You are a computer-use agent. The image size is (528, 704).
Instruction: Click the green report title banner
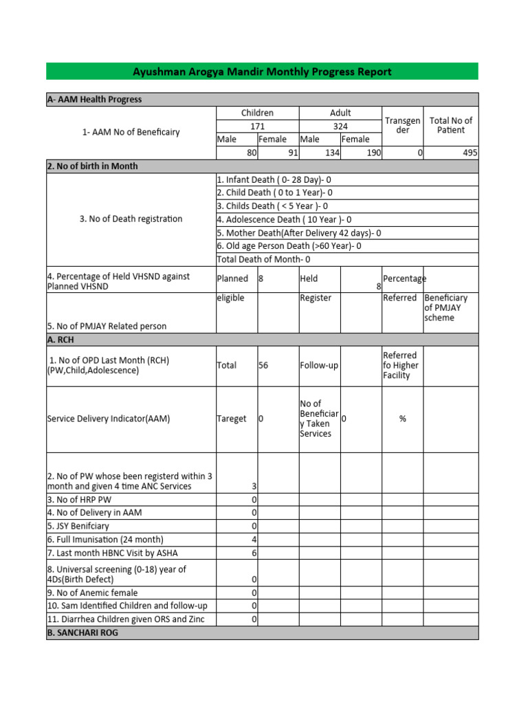(x=262, y=71)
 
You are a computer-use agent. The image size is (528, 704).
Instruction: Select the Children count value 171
(x=257, y=126)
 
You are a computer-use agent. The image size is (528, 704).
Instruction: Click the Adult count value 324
(x=340, y=126)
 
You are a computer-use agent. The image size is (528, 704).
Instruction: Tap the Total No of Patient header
(x=450, y=125)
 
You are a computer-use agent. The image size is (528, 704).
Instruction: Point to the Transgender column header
(x=402, y=125)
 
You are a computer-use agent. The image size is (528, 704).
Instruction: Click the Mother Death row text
(x=298, y=233)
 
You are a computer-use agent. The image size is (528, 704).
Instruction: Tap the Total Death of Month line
(x=263, y=259)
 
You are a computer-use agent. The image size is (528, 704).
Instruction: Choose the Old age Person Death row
(x=289, y=246)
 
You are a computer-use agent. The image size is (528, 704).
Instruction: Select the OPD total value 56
(x=263, y=366)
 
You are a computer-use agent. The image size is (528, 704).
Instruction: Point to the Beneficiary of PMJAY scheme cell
(x=445, y=308)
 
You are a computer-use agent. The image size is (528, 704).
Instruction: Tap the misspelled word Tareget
(x=232, y=419)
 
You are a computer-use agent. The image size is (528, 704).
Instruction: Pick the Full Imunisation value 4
(x=254, y=540)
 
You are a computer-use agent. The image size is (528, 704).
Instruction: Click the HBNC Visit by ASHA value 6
(x=254, y=553)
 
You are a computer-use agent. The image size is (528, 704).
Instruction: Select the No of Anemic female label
(x=92, y=593)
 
